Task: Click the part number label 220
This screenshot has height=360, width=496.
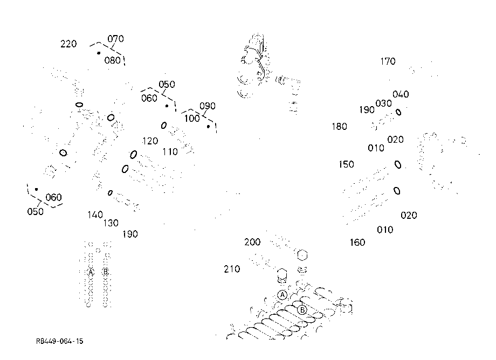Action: tap(68, 44)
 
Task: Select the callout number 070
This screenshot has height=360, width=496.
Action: tap(115, 39)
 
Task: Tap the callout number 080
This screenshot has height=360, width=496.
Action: tap(112, 60)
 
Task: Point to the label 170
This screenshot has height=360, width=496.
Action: tap(388, 61)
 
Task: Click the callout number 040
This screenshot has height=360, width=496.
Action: tap(401, 94)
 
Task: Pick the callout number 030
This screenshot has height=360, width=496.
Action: tap(383, 103)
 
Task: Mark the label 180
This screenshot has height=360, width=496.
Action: tap(340, 127)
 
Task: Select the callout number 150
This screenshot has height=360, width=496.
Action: tap(346, 164)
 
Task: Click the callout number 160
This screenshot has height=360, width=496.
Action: tap(357, 243)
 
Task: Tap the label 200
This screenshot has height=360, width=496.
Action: tap(252, 242)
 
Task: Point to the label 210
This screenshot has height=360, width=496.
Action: tap(232, 269)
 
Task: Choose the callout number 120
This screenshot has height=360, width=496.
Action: tap(150, 141)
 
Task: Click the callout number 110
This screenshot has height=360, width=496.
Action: tap(170, 152)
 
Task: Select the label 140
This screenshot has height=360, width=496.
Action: tap(95, 215)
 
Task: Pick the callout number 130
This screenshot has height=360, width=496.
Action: tap(111, 223)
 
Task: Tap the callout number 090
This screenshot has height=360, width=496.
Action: tap(208, 106)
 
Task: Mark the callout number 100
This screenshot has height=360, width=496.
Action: tap(192, 119)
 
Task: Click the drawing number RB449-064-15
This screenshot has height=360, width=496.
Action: tap(60, 341)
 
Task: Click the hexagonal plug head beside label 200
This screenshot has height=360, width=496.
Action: tap(302, 255)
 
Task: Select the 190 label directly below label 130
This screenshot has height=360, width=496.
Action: tap(130, 234)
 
